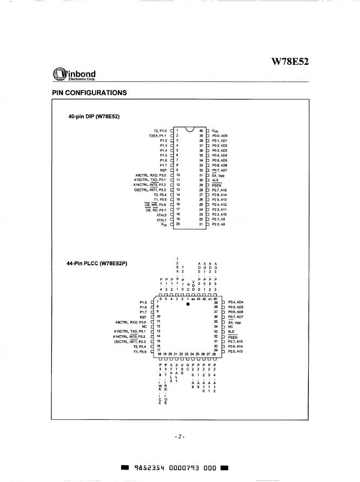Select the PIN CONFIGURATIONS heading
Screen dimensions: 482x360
[x=89, y=93]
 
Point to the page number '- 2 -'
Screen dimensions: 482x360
[x=180, y=436]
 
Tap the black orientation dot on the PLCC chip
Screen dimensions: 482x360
[x=188, y=304]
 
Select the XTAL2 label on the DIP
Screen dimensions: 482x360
[x=161, y=215]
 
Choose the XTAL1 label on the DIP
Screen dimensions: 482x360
[x=161, y=220]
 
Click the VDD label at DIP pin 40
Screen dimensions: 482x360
[x=216, y=131]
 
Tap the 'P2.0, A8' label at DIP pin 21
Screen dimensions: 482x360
[x=219, y=225]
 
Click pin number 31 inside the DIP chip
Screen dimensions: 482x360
[x=201, y=175]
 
